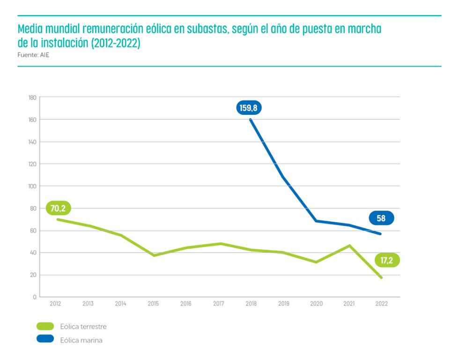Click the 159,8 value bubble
pyautogui.click(x=248, y=108)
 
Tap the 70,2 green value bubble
pyautogui.click(x=58, y=208)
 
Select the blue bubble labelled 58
pyautogui.click(x=381, y=218)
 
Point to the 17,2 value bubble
pyautogui.click(x=386, y=260)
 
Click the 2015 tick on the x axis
pyautogui.click(x=153, y=304)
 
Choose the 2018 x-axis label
pyautogui.click(x=251, y=304)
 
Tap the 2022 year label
pyautogui.click(x=381, y=304)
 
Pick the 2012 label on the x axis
pyautogui.click(x=55, y=304)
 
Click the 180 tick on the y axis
pyautogui.click(x=32, y=97)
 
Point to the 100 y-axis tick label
pyautogui.click(x=32, y=186)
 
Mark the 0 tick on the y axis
pyautogui.click(x=35, y=297)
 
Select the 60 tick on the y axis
pyautogui.click(x=33, y=231)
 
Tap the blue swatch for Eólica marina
pyautogui.click(x=45, y=340)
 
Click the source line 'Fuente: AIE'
pyautogui.click(x=33, y=55)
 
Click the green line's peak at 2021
pyautogui.click(x=349, y=245)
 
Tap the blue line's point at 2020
pyautogui.click(x=317, y=221)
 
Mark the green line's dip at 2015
pyautogui.click(x=154, y=255)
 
